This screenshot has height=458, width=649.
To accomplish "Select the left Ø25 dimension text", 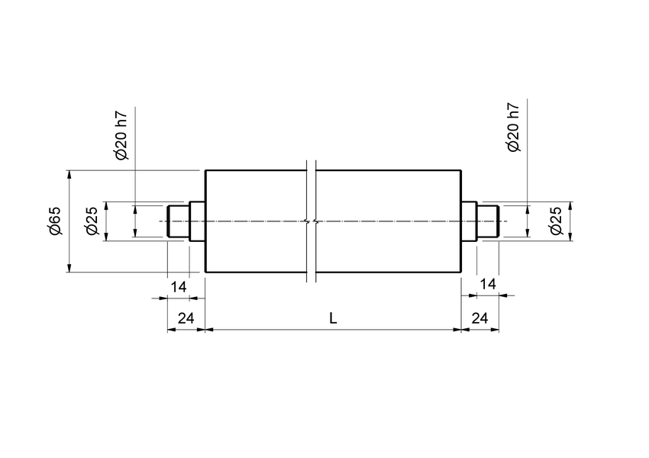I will pyautogui.click(x=92, y=221).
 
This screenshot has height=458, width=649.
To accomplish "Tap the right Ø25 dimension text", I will pyautogui.click(x=556, y=221).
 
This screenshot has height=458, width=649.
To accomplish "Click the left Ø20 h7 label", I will pyautogui.click(x=122, y=136).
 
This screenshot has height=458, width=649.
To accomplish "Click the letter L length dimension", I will pyautogui.click(x=333, y=318).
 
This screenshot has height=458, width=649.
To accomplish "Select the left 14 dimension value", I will pyautogui.click(x=178, y=286).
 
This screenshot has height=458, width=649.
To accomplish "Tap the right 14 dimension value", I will pyautogui.click(x=487, y=284).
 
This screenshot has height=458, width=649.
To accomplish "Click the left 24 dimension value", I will pyautogui.click(x=186, y=318).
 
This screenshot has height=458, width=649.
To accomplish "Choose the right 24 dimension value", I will pyautogui.click(x=480, y=318).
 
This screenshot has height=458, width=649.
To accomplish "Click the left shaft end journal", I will pyautogui.click(x=178, y=221).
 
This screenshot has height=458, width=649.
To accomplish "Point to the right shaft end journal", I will pyautogui.click(x=489, y=221).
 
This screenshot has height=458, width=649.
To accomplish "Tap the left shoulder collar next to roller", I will pyautogui.click(x=197, y=221).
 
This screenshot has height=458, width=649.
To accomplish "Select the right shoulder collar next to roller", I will pyautogui.click(x=470, y=221).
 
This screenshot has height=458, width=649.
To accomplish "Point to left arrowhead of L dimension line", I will pyautogui.click(x=211, y=330).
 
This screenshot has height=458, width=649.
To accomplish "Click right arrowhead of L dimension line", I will pyautogui.click(x=457, y=330).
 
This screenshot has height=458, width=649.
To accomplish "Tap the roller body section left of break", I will pyautogui.click(x=256, y=221).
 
